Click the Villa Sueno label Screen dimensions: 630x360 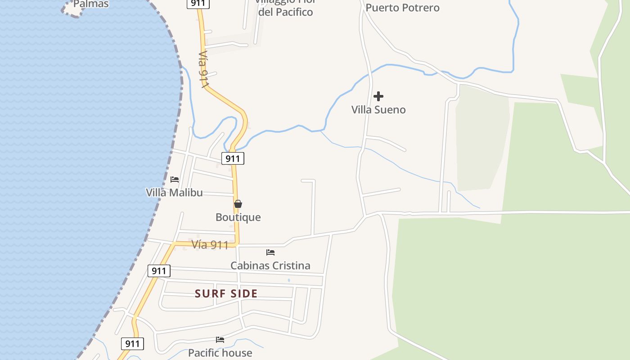tap(378, 110)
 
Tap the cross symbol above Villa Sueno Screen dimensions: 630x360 tap(378, 96)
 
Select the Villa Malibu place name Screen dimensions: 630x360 tap(174, 193)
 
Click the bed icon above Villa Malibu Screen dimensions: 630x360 tap(175, 179)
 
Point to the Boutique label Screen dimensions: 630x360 tap(238, 217)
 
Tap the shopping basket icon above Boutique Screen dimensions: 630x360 tap(238, 204)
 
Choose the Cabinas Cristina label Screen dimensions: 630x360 tap(270, 265)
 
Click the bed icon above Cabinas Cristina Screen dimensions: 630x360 tap(270, 252)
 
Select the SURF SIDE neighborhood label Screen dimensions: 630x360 tap(226, 294)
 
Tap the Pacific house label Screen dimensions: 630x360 tap(220, 353)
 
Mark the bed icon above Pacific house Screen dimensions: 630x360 tap(220, 340)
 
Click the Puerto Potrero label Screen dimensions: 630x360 tap(402, 8)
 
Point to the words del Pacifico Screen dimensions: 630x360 tap(285, 12)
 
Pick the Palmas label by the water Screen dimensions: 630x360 tap(91, 4)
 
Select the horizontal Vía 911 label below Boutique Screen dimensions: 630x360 tap(210, 245)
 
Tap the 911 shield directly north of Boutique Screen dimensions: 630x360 tap(233, 158)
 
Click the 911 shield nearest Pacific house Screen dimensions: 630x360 tap(132, 344)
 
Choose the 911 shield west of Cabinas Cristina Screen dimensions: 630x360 tap(159, 271)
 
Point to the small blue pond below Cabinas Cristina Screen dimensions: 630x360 tap(289, 280)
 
